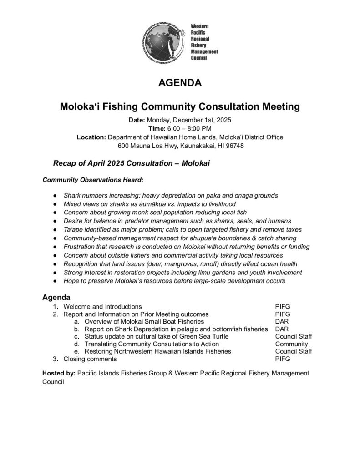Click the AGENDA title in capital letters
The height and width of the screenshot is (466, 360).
coord(180,83)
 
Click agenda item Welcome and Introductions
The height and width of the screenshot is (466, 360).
coord(102,306)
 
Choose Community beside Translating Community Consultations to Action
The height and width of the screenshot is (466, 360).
coord(291,344)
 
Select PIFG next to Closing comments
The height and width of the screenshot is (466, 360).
coord(283,359)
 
